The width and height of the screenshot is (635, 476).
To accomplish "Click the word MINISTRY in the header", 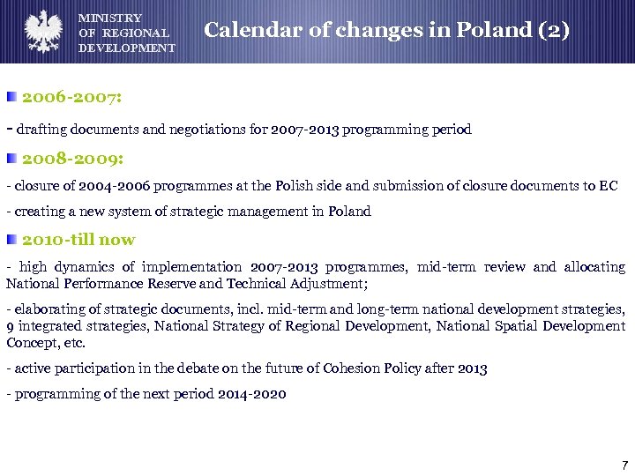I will [x=110, y=18].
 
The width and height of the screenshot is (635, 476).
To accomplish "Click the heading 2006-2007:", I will [x=71, y=96].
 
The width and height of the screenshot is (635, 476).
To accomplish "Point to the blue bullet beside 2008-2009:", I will [x=11, y=160].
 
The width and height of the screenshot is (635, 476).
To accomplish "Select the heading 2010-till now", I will [x=78, y=239].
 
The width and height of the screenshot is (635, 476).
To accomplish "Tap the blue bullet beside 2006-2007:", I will [x=11, y=96].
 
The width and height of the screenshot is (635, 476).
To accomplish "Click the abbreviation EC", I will [x=609, y=186].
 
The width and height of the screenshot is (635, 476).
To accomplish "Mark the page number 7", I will [x=624, y=465].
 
